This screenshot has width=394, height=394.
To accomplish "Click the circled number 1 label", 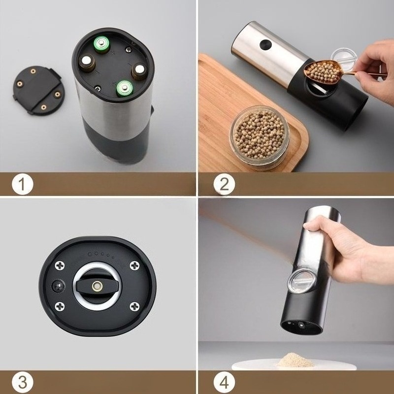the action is pyautogui.click(x=22, y=184).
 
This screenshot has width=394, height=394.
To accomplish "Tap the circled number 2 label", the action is pyautogui.click(x=224, y=184).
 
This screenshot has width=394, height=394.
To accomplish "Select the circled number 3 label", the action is pyautogui.click(x=22, y=383).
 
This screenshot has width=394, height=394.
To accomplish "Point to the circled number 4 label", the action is pyautogui.click(x=224, y=383).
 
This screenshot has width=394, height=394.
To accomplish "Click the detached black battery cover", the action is pyautogui.click(x=38, y=90).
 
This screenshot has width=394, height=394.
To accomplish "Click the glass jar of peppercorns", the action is pyautogui.click(x=260, y=137).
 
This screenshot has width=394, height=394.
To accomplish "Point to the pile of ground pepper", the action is pyautogui.click(x=296, y=360).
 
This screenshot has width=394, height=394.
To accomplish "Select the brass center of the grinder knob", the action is pyautogui.click(x=97, y=286).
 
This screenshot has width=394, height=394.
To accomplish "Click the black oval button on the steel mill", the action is pyautogui.click(x=265, y=44).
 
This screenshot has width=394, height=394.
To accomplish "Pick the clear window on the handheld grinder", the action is pyautogui.click(x=301, y=281).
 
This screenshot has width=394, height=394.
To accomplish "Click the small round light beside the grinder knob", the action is pyautogui.click(x=58, y=286).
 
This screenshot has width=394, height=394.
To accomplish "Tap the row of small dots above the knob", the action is pyautogui.click(x=101, y=255).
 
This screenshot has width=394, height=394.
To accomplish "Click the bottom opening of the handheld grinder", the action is pyautogui.click(x=301, y=327).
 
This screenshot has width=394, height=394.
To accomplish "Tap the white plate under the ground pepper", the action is pyautogui.click(x=294, y=365).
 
